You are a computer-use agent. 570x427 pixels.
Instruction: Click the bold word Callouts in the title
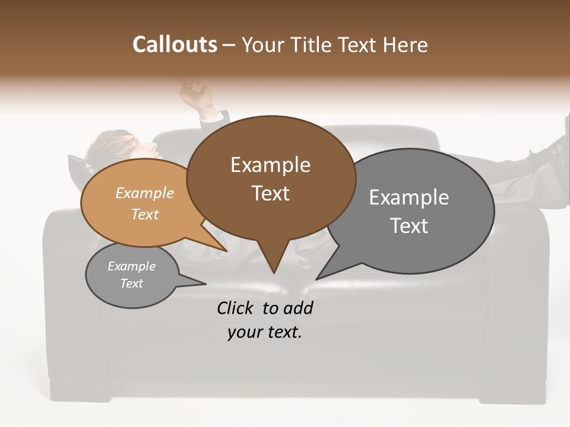[175, 44]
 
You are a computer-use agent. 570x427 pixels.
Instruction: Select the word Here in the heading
[406, 44]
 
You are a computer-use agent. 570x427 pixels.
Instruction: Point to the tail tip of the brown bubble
[274, 272]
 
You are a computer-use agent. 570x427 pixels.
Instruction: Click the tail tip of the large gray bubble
[318, 278]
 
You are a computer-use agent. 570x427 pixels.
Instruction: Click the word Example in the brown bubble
[270, 165]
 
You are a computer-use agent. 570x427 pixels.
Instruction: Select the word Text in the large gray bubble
[409, 226]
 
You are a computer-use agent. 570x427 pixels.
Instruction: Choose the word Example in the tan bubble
[145, 193]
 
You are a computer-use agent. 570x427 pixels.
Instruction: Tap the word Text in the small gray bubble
[132, 283]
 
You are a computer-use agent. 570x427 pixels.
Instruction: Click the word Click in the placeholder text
[236, 308]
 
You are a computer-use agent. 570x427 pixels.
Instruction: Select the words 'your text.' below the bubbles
[265, 333]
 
